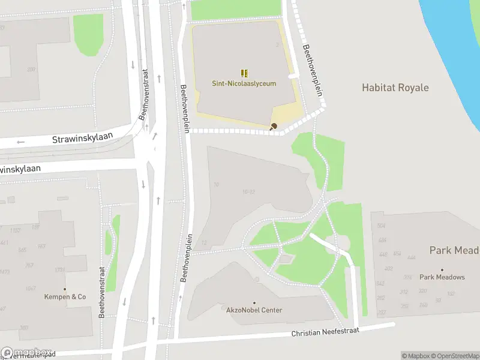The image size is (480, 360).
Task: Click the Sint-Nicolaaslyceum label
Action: (x=244, y=83)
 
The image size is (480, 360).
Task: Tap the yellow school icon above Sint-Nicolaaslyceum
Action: (x=244, y=73)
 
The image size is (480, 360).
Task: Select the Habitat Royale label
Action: (x=395, y=88)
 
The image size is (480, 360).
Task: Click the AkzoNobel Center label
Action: (x=254, y=310)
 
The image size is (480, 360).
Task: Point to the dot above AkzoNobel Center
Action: (x=254, y=302)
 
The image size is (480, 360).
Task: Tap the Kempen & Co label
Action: (x=65, y=297)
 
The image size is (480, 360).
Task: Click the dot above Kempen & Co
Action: (x=65, y=289)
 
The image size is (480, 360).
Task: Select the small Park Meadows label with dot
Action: (x=442, y=277)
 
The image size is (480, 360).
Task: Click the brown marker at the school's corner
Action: (x=274, y=126)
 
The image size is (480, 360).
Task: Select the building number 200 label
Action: (x=31, y=70)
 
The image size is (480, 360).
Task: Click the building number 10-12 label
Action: (x=249, y=192)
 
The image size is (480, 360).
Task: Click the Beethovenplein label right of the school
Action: (x=313, y=71)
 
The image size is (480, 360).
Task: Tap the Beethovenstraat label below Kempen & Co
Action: (x=102, y=292)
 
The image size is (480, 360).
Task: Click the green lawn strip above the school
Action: (x=236, y=9)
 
